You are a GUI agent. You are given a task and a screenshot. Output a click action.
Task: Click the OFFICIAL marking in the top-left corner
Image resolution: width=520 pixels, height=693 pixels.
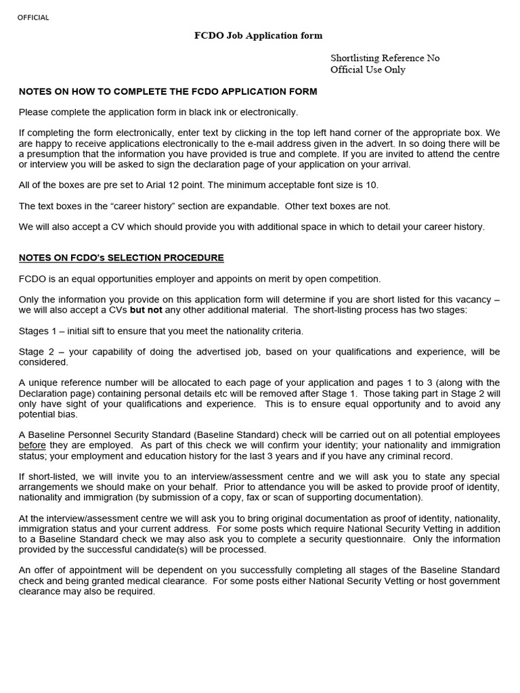pos(33,18)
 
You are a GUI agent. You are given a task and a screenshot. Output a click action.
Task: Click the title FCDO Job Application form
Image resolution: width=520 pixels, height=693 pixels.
pos(259,36)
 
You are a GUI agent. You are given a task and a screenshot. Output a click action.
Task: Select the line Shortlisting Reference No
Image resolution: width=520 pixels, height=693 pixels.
pos(385,58)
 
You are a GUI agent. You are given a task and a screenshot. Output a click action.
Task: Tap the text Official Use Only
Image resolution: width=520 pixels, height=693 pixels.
pos(368,70)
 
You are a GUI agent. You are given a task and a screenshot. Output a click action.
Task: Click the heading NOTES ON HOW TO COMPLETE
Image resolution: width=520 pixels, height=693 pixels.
pos(167,91)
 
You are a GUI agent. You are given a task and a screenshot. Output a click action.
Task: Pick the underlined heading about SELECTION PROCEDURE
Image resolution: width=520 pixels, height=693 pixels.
pos(121,258)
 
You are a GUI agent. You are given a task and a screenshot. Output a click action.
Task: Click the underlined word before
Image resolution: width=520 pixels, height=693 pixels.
pos(32,445)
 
